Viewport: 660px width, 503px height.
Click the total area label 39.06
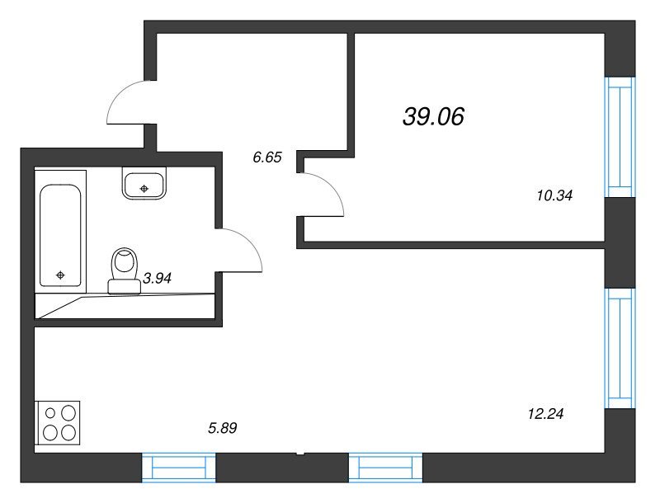pyautogui.click(x=433, y=116)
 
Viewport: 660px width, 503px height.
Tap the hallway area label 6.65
pyautogui.click(x=266, y=157)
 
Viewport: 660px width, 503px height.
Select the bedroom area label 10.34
pyautogui.click(x=554, y=195)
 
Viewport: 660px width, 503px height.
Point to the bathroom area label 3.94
pyautogui.click(x=157, y=278)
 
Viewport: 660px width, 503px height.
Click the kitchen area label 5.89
pyautogui.click(x=223, y=428)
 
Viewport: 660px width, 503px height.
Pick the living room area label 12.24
pyautogui.click(x=545, y=414)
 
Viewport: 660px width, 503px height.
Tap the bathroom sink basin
pyautogui.click(x=144, y=183)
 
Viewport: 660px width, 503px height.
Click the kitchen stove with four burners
pyautogui.click(x=59, y=422)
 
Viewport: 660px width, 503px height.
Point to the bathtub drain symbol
pyautogui.click(x=60, y=275)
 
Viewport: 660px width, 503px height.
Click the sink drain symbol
pyautogui.click(x=144, y=188)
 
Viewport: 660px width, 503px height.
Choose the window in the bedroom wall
pyautogui.click(x=620, y=137)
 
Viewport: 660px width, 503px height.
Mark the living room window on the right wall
pyautogui.click(x=620, y=348)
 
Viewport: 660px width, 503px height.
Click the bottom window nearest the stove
pyautogui.click(x=178, y=468)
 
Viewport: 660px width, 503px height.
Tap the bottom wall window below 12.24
pyautogui.click(x=385, y=468)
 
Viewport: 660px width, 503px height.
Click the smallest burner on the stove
pyautogui.click(x=50, y=413)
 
